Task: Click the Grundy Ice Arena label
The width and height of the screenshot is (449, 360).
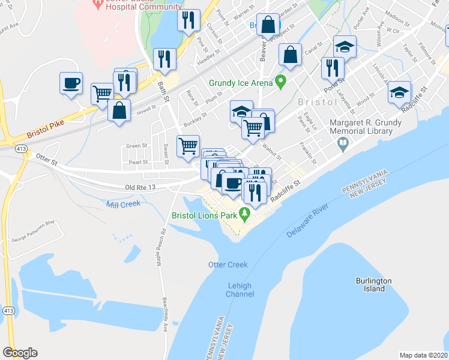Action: [x=240, y=83]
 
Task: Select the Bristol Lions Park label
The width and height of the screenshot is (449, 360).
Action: [x=205, y=214]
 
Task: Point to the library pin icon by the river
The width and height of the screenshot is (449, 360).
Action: [x=342, y=143]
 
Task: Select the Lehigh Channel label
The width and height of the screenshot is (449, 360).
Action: [x=240, y=290]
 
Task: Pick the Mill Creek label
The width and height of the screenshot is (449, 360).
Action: [x=123, y=204]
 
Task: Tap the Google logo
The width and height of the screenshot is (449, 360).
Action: [x=20, y=353]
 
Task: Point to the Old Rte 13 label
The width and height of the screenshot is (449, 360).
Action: [x=140, y=188]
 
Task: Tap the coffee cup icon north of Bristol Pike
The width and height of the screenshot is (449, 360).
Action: [x=71, y=83]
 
